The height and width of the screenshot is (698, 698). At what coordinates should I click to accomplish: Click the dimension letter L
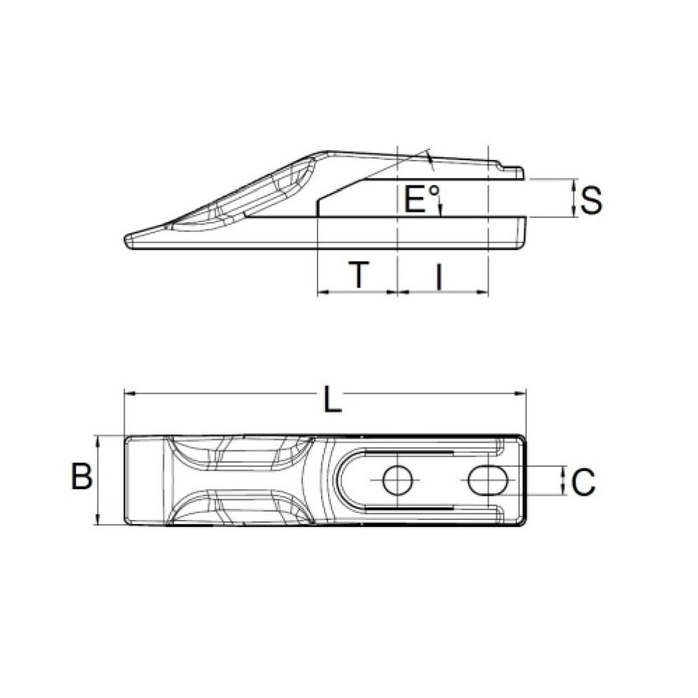(334, 401)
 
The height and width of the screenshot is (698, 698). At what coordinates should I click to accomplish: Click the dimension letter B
(82, 479)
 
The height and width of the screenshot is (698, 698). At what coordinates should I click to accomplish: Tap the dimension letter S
(591, 200)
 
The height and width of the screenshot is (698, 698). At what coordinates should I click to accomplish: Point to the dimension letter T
(357, 275)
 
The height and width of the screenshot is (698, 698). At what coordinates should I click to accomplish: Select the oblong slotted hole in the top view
(487, 480)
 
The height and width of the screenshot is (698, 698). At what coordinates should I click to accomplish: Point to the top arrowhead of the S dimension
(574, 184)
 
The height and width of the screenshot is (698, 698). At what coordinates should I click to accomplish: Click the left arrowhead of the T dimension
(322, 292)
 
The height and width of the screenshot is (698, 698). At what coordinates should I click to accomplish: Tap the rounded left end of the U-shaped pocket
(340, 480)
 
